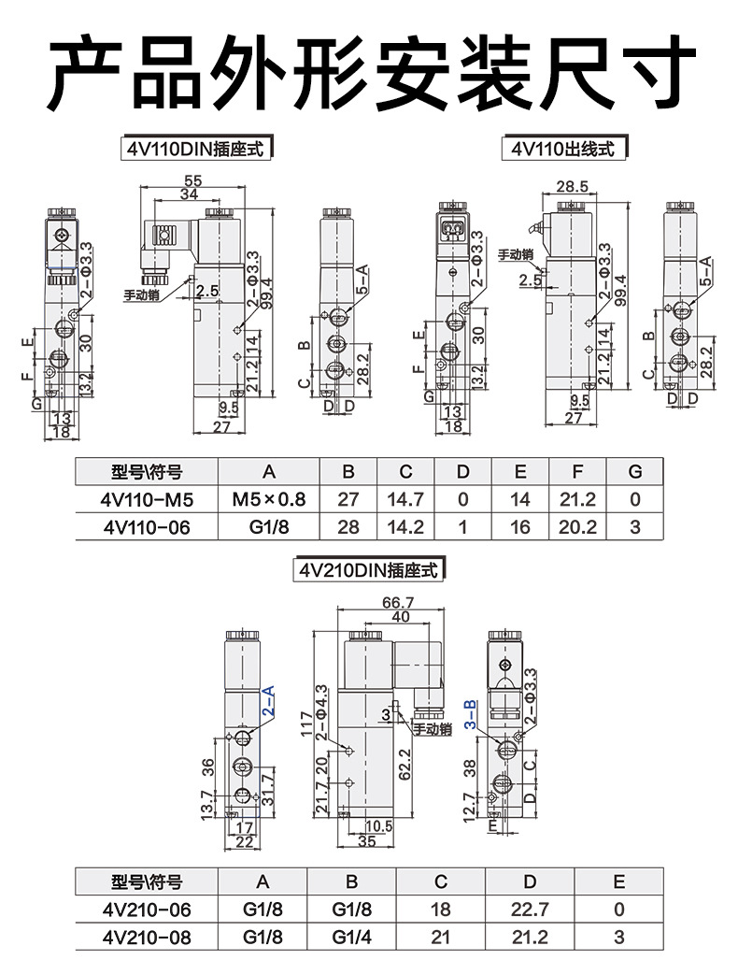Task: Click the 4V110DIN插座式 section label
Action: [x=197, y=148]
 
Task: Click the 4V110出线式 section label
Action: [x=563, y=148]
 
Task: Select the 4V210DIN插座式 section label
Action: [x=367, y=569]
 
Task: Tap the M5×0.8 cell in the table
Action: [x=268, y=500]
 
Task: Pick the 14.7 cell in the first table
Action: [x=404, y=500]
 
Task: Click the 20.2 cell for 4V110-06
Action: [x=576, y=527]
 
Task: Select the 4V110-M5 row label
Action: [x=145, y=500]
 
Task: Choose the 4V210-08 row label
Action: [x=146, y=938]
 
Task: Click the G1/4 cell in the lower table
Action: [x=352, y=938]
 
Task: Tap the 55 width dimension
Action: [x=192, y=180]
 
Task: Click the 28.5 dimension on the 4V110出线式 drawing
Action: [x=572, y=186]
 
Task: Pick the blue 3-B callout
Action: [x=470, y=714]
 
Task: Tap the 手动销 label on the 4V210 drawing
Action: [x=433, y=729]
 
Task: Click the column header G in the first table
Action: [x=634, y=471]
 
